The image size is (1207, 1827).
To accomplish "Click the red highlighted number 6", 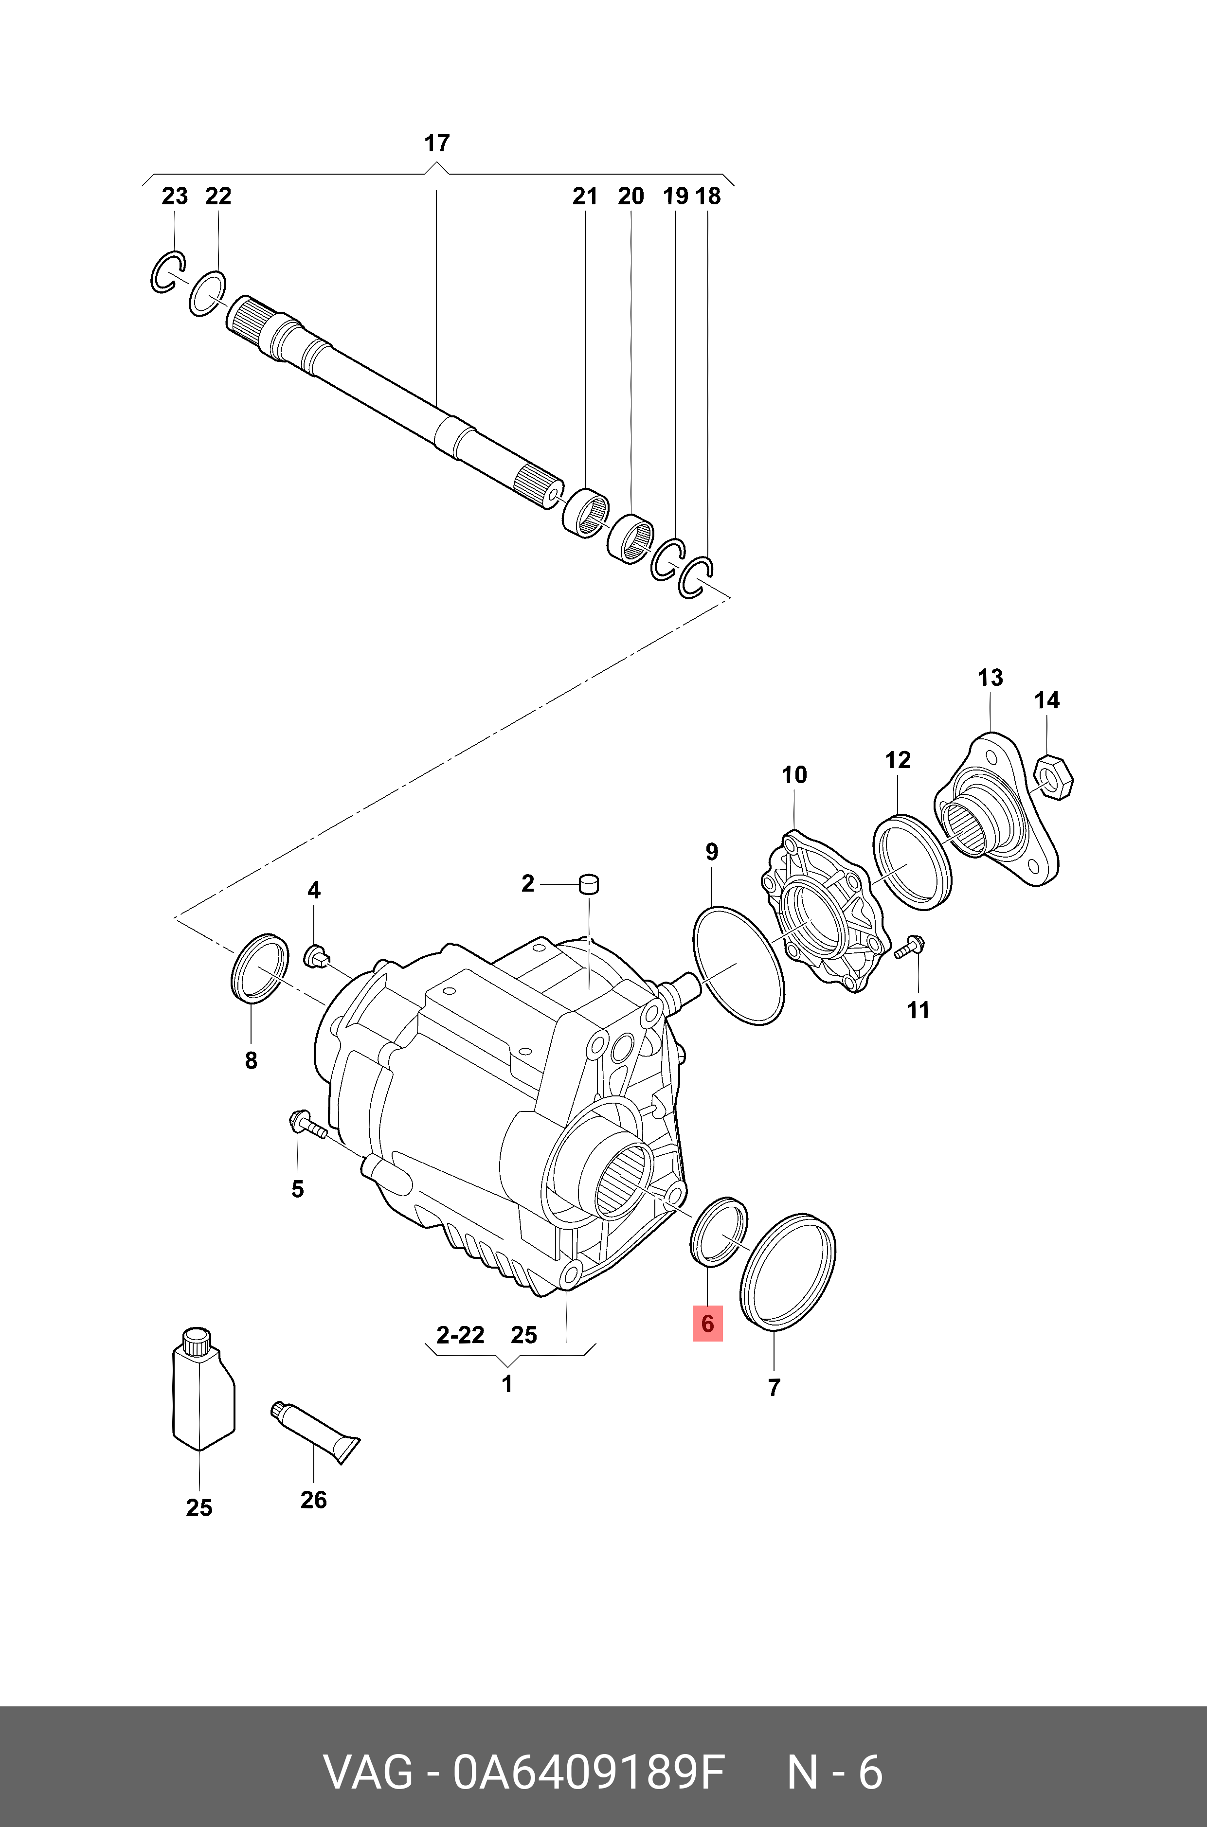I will click(x=707, y=1324).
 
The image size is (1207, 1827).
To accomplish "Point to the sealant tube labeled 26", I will click(x=316, y=1430).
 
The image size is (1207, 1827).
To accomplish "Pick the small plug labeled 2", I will click(x=590, y=884).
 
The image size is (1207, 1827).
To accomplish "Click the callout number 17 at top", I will click(x=436, y=143).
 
